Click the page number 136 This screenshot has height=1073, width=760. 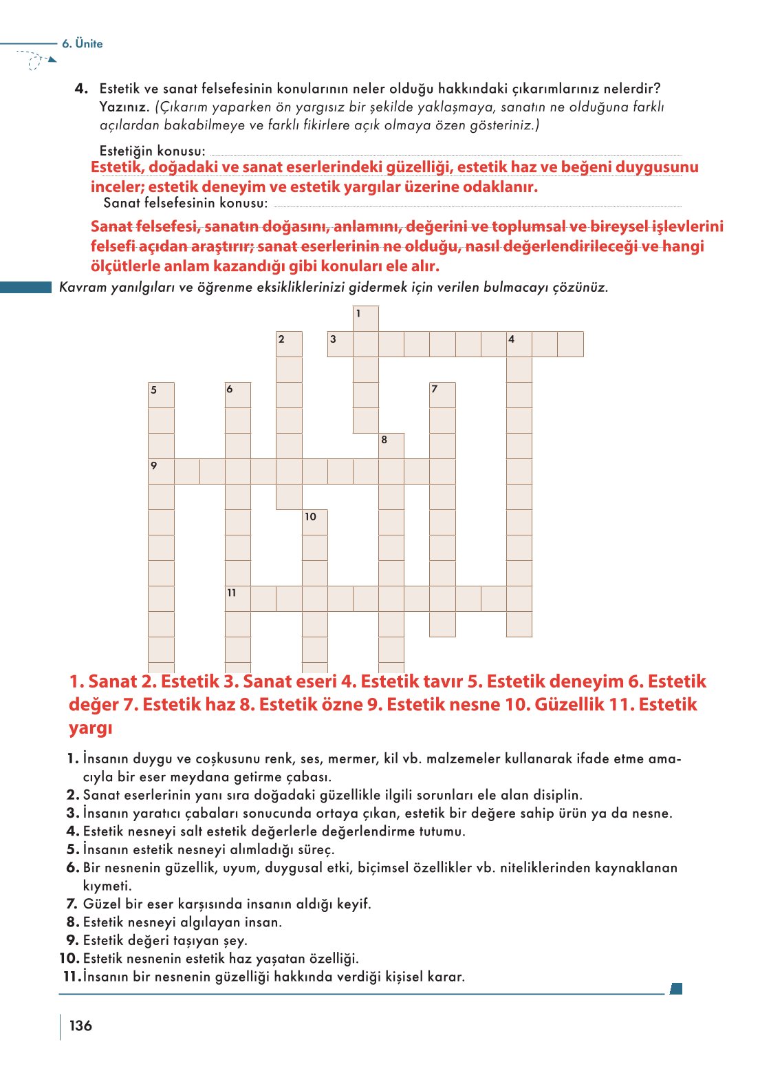80,1026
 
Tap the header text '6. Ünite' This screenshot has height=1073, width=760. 82,43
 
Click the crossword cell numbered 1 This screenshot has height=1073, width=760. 366,319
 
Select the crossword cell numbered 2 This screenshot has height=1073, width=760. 289,344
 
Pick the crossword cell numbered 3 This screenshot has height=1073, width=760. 340,344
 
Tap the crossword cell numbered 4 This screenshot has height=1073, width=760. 519,344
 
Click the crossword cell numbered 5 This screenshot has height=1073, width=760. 161,395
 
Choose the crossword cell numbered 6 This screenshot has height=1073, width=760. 238,395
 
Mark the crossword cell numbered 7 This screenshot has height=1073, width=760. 442,395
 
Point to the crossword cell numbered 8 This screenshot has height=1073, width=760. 391,446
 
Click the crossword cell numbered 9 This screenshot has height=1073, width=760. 161,471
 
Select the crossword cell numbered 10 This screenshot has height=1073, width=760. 315,522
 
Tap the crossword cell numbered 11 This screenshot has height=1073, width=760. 238,599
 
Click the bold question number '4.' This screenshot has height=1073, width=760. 81,89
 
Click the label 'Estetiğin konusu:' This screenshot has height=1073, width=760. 152,151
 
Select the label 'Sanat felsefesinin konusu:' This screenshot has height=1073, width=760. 185,203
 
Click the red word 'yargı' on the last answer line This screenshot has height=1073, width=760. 90,728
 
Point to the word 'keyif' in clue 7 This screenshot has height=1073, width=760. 353,904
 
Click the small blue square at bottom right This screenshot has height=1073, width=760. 676,989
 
